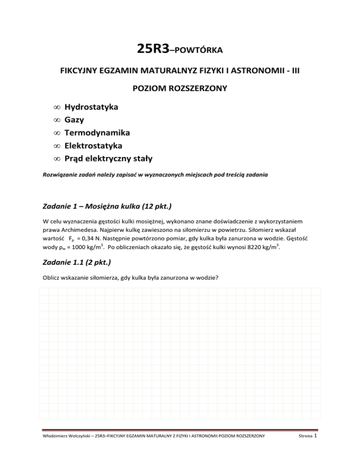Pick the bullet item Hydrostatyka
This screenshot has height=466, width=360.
pos(91,107)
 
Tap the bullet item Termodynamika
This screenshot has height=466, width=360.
pos(97,133)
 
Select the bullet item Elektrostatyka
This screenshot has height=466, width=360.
pos(94,146)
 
